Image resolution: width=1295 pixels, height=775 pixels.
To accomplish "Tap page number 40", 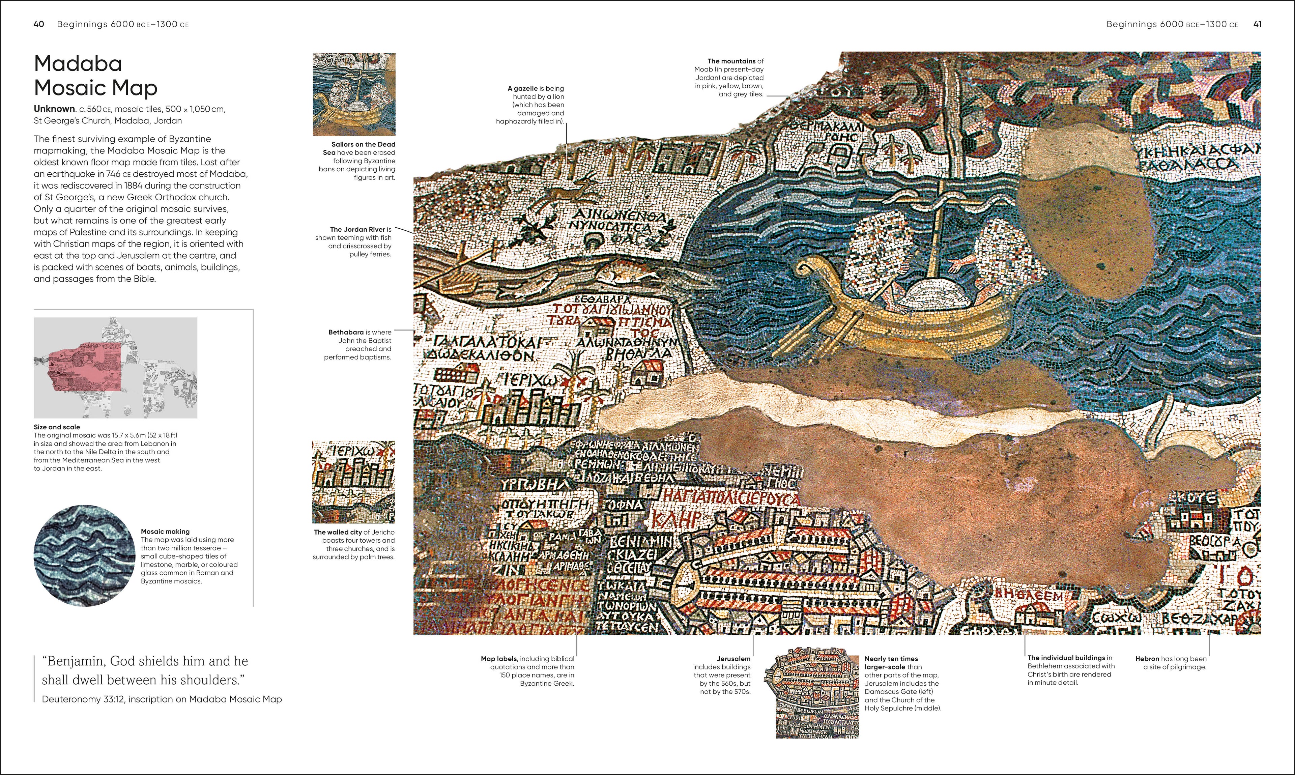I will tap(39, 24).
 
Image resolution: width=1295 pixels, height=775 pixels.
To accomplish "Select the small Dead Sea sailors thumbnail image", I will tap(354, 94).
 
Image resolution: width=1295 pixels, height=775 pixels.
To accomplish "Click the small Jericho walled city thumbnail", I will tap(353, 482).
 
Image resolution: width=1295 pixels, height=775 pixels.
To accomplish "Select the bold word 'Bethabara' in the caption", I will tap(346, 332).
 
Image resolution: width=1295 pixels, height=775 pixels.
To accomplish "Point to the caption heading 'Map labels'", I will tap(499, 659).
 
